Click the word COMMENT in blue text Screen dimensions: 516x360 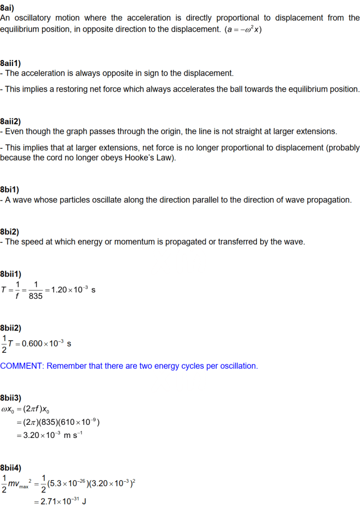[x=22, y=366]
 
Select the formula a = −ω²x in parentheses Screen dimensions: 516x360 [x=244, y=29]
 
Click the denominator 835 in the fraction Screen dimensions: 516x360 [x=36, y=296]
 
